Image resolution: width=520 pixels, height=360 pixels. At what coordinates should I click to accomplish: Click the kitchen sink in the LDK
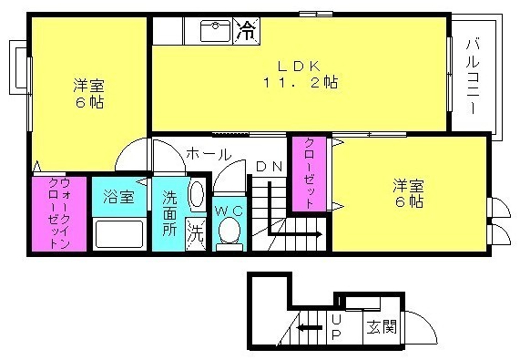(x=215, y=31)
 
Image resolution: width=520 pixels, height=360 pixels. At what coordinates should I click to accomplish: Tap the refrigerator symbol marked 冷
(x=246, y=31)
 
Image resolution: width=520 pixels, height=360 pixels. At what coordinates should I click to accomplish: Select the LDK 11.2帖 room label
(x=301, y=75)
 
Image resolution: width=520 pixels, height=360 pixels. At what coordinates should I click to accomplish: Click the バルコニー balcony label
(x=473, y=77)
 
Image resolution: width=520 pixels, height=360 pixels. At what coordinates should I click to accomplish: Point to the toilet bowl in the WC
(x=229, y=230)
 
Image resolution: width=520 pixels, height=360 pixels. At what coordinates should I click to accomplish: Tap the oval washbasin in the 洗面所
(x=197, y=195)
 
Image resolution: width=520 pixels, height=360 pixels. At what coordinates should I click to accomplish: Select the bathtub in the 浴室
(x=119, y=234)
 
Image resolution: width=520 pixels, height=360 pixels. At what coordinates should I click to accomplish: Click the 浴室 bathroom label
(x=118, y=197)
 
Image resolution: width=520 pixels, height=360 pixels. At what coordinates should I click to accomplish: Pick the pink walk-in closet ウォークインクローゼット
(x=59, y=213)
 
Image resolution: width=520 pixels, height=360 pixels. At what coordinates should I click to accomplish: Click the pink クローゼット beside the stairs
(x=309, y=173)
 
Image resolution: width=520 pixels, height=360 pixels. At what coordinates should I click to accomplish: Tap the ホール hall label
(x=209, y=154)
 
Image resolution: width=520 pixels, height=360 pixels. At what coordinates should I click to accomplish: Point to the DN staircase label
(x=270, y=167)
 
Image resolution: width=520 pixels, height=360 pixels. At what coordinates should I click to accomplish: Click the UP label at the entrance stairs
(x=336, y=327)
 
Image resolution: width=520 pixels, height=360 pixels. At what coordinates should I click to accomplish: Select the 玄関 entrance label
(x=382, y=327)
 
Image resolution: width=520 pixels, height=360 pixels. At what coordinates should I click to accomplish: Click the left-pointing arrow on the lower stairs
(x=310, y=328)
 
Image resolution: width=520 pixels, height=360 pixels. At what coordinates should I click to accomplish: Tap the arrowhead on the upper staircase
(x=319, y=234)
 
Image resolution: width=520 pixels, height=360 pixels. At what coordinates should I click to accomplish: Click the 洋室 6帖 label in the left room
(x=88, y=93)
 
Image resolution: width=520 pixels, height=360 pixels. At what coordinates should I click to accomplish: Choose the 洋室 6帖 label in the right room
(x=408, y=193)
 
